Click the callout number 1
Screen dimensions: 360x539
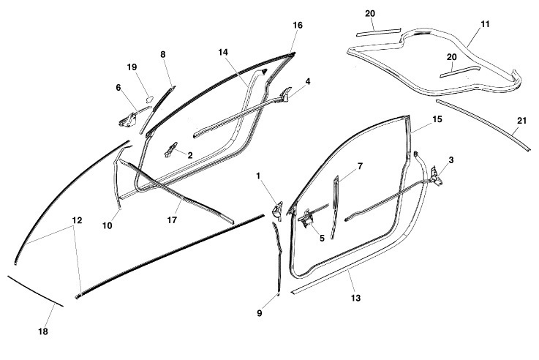[x=259, y=176]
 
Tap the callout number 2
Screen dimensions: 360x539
[x=190, y=155]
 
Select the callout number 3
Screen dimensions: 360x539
[x=451, y=159]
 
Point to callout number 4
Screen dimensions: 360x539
[x=308, y=82]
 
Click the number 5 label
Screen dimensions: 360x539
[x=320, y=237]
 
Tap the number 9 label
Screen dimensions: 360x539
[x=258, y=313]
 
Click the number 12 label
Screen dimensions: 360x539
[x=77, y=220]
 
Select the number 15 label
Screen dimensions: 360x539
[x=437, y=119]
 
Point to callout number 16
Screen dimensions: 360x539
[x=298, y=25]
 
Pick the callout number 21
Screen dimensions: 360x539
[x=521, y=121]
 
